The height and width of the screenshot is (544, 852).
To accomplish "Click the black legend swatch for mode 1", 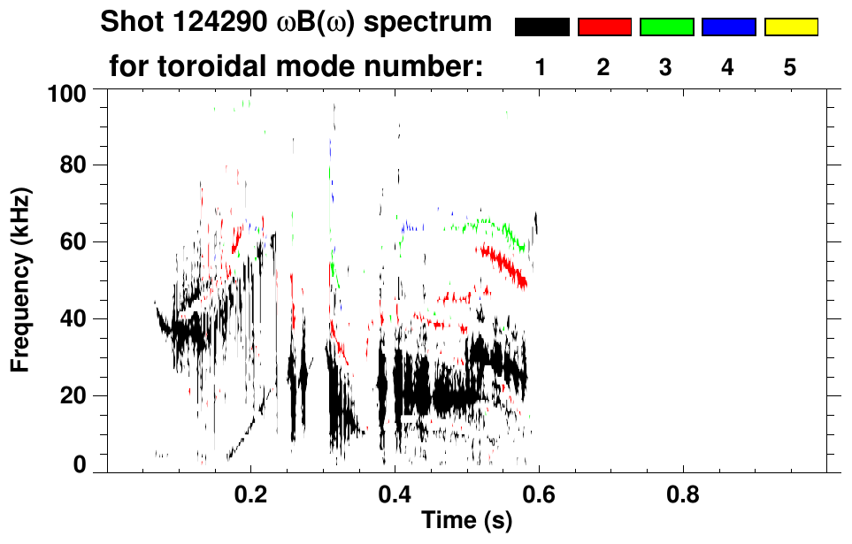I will click(x=541, y=27).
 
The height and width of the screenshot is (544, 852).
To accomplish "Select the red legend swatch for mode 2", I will click(x=604, y=27).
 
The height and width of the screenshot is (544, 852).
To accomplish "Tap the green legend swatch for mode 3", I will click(x=666, y=27).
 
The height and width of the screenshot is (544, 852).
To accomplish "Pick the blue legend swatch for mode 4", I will click(x=728, y=27).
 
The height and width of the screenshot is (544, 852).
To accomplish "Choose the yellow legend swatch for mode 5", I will click(x=790, y=27).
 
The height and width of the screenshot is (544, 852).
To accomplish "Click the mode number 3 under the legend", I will click(x=666, y=67).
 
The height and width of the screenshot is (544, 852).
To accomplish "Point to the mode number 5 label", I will click(x=790, y=67).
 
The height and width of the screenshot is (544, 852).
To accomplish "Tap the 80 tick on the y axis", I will click(x=76, y=165).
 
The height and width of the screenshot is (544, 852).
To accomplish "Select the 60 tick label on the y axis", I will click(x=76, y=241).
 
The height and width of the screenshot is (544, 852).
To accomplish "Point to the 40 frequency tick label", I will click(x=76, y=318).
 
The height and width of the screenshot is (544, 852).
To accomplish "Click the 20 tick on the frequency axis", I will click(x=76, y=395).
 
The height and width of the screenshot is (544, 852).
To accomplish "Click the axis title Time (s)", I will click(x=465, y=522).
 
